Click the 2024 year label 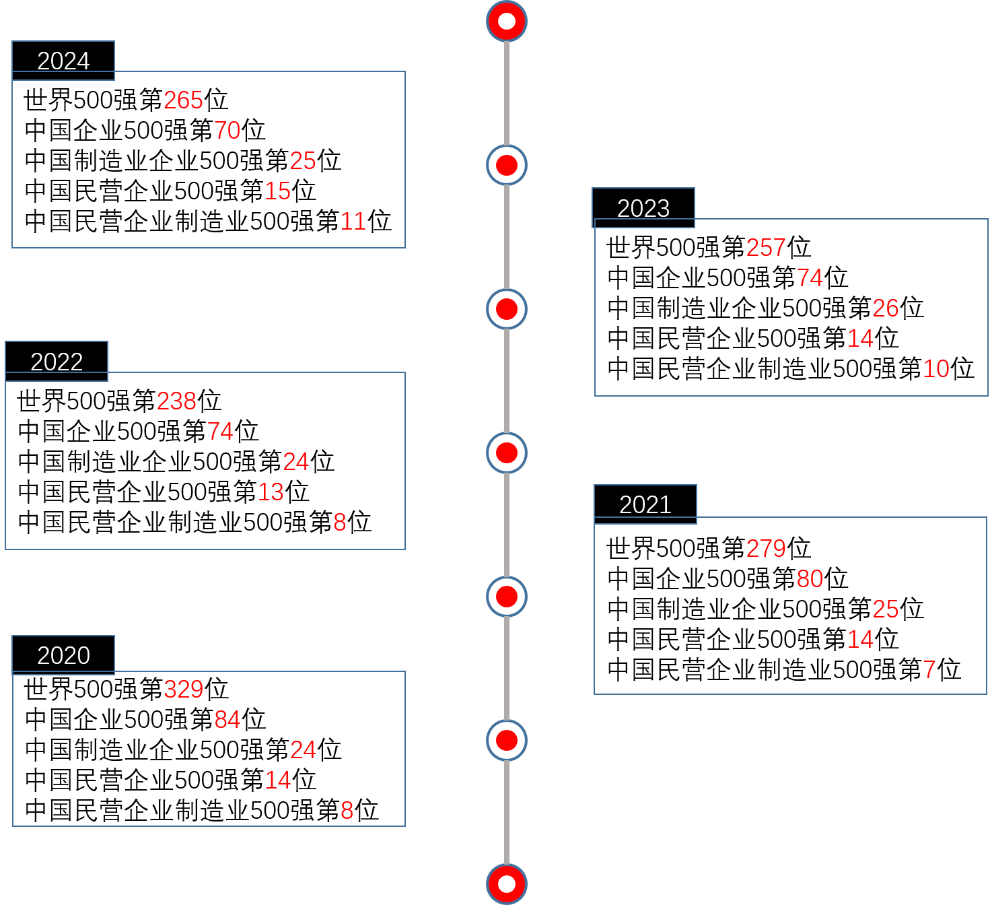point(63,61)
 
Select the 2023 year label point(643,209)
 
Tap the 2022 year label point(57,362)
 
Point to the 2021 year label point(645,505)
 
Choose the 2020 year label point(63,656)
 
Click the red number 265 point(183,100)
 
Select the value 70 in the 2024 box point(227,131)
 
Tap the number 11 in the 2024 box point(353,222)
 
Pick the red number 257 point(766,248)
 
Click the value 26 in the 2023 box point(886,308)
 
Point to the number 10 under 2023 point(936,369)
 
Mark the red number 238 point(176,401)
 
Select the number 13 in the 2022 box point(271,492)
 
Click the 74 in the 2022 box point(221,432)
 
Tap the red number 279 point(766,549)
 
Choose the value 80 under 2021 point(810,579)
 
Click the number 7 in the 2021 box point(929,670)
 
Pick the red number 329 point(184,690)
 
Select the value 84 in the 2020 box point(227,720)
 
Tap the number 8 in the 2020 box point(347,811)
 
